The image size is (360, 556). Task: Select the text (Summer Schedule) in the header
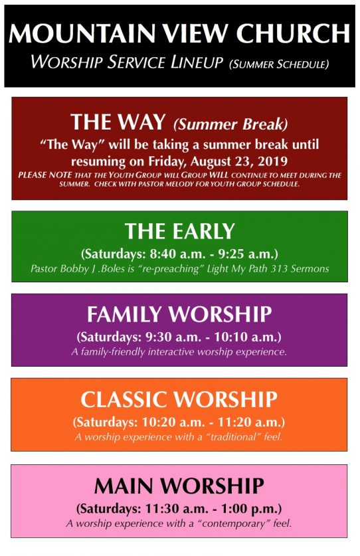click(279, 64)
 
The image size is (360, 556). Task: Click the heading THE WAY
click(118, 122)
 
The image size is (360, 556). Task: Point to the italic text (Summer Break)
click(230, 124)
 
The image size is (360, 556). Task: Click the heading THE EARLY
click(179, 231)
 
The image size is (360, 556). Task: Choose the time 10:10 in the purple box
click(227, 337)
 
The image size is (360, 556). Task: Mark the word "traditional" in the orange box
click(233, 436)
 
